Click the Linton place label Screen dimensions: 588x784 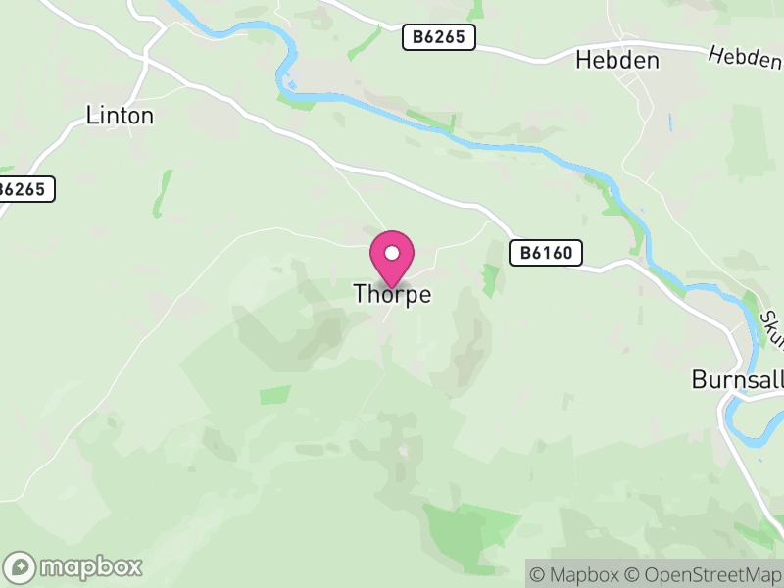coord(120,116)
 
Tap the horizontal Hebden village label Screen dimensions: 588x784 coord(616,60)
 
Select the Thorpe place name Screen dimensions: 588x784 coord(392,294)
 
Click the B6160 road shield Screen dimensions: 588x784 coord(546,254)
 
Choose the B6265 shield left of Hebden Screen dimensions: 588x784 coord(438,38)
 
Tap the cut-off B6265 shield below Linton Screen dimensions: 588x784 coord(25,189)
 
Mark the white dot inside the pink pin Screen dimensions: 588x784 coord(392,253)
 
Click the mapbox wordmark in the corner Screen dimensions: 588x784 coord(90,566)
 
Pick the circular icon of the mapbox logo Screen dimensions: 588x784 coord(21,566)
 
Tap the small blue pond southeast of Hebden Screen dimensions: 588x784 coord(670,123)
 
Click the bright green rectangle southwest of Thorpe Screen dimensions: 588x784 coord(275,395)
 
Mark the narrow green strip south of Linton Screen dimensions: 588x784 coord(162,193)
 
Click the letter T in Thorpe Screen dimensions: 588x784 coord(360,293)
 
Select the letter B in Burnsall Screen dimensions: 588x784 coord(698,379)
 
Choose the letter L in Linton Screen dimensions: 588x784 coord(91,116)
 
